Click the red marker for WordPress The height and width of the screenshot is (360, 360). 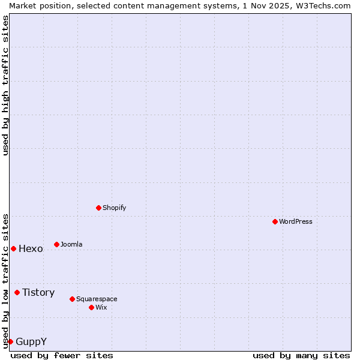tap(275, 221)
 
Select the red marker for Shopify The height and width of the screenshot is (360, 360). tap(98, 208)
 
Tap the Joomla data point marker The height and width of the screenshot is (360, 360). tap(56, 244)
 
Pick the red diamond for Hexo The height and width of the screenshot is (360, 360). tap(13, 248)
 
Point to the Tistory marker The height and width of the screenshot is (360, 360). tap(17, 292)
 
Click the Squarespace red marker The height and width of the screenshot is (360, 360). tap(72, 299)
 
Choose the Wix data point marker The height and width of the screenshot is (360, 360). tap(91, 307)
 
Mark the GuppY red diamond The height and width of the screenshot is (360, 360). tap(10, 341)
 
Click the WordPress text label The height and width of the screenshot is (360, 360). tap(296, 221)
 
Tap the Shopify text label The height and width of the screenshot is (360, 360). tap(114, 208)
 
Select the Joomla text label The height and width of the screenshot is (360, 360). tap(71, 244)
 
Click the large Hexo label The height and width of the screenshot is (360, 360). tap(31, 248)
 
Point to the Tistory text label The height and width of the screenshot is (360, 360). tap(38, 292)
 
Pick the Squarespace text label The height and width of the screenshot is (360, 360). tap(97, 299)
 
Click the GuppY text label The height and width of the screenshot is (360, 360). tap(31, 341)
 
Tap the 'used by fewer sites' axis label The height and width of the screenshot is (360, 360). tap(62, 355)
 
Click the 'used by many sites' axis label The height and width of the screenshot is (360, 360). tap(301, 355)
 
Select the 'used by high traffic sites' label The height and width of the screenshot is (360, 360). tap(5, 85)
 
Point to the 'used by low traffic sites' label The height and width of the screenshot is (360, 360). tap(5, 280)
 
